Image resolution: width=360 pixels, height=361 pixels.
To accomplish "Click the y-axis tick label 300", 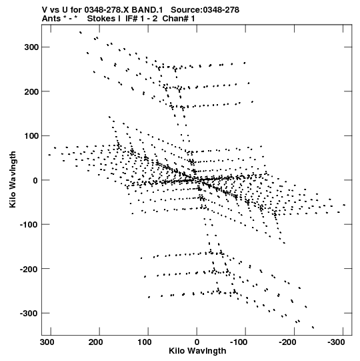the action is pos(31,47).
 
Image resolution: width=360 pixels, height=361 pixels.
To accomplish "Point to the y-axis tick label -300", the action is pos(29,314).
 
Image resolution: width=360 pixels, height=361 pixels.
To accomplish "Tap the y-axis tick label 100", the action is pos(31,136).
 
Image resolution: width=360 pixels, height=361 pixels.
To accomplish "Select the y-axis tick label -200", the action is pos(29,269).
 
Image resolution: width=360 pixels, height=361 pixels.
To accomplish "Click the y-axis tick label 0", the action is pos(35,180).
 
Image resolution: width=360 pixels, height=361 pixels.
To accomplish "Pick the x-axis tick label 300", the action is pos(47,342).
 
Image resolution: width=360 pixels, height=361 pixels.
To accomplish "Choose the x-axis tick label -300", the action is pos(336,342).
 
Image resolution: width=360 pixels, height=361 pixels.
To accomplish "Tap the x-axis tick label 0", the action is pos(197,342).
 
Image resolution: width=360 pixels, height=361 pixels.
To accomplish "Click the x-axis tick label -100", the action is pos(239,342).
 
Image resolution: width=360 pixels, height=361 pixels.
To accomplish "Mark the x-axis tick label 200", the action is pos(96,342).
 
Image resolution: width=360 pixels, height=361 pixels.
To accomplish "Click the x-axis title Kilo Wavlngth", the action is pos(197,351).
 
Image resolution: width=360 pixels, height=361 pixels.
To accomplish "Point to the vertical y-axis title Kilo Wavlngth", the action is pos(13,179).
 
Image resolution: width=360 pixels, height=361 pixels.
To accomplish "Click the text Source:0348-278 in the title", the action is pos(205,10).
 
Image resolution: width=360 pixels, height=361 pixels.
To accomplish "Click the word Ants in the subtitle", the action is pos(51,19).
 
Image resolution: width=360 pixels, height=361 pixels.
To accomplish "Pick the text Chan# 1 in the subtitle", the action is pos(179,19).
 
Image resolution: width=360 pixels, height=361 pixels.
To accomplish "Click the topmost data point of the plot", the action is pos(80,33).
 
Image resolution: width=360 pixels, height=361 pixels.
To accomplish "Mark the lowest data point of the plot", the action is pos(313,327).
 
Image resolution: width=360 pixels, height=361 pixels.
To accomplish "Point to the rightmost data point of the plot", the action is pos(344,205).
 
